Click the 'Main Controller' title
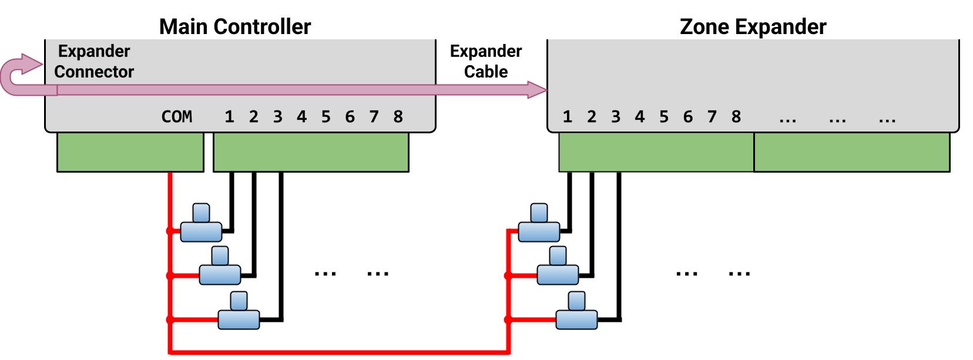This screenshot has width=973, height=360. (x=234, y=26)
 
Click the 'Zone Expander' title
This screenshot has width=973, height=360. (x=753, y=26)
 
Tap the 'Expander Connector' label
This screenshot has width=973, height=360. (x=94, y=61)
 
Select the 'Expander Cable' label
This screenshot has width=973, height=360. (x=485, y=61)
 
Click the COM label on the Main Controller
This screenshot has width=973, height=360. (x=176, y=117)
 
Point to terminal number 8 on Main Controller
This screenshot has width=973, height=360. (x=398, y=117)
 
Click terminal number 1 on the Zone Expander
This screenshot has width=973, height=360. (x=567, y=117)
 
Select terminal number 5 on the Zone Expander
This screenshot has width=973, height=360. (x=663, y=117)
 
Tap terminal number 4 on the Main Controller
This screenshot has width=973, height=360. (x=301, y=117)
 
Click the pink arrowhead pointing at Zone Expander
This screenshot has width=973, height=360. (x=537, y=90)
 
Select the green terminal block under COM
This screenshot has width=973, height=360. (x=130, y=152)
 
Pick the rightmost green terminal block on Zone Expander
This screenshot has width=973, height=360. (x=851, y=152)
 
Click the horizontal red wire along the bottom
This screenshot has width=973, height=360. (x=339, y=352)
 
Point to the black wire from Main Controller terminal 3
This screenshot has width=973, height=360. (x=281, y=247)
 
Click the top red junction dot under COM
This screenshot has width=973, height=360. (x=170, y=231)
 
